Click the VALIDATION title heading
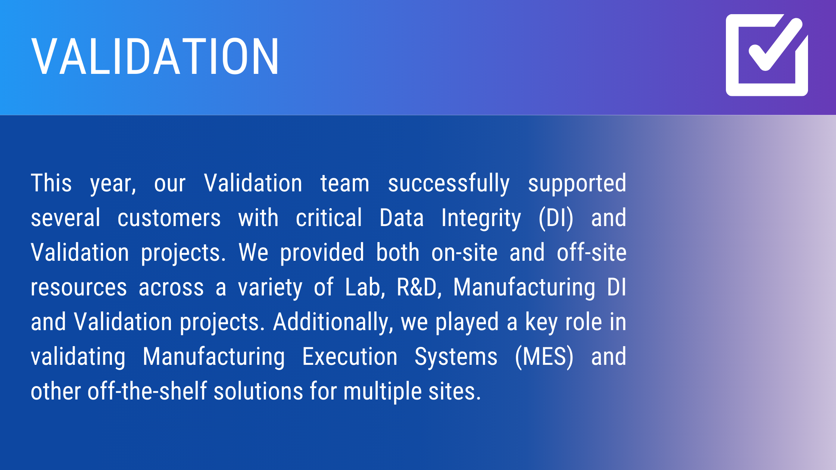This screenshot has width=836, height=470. tap(155, 57)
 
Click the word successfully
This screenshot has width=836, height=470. tap(449, 184)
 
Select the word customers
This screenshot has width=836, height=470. tap(169, 218)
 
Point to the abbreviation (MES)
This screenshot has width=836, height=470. tap(544, 357)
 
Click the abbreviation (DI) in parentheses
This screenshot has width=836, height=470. tap(556, 218)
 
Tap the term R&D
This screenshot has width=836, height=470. tap(419, 288)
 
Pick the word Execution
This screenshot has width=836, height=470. tap(350, 357)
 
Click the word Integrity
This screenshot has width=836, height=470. tap(481, 219)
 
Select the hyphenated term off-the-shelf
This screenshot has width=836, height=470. tap(147, 391)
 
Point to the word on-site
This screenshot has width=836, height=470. tap(465, 253)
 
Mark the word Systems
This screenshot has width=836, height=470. tap(456, 357)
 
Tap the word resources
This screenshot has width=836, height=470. tap(79, 288)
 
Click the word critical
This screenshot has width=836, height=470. tap(329, 218)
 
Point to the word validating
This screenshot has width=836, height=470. tap(78, 357)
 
